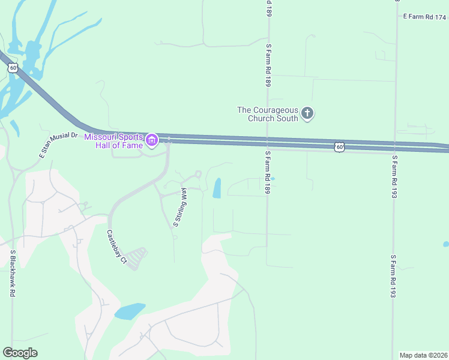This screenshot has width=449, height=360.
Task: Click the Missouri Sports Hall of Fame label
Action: tap(113, 140)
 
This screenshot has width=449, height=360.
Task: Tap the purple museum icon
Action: tap(152, 141)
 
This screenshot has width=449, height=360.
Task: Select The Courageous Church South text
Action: tap(267, 114)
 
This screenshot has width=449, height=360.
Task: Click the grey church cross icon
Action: tap(307, 113)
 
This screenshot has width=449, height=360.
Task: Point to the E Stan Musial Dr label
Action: tap(59, 145)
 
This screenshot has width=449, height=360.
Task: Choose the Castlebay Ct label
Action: tap(117, 247)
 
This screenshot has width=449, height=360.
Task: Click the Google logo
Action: tap(20, 353)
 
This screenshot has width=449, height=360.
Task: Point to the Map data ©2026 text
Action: tap(424, 355)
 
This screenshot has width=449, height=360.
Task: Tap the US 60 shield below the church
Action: tap(339, 146)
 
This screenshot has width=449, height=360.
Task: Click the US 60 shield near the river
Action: tap(13, 68)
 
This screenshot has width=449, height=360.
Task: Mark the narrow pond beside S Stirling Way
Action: tap(217, 188)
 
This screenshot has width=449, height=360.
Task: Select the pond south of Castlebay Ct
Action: tap(130, 311)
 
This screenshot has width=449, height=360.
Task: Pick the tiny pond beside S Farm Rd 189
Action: tap(273, 178)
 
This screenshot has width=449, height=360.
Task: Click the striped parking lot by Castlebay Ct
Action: tap(137, 257)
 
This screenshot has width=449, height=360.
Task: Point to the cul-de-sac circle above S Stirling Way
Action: tap(198, 174)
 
